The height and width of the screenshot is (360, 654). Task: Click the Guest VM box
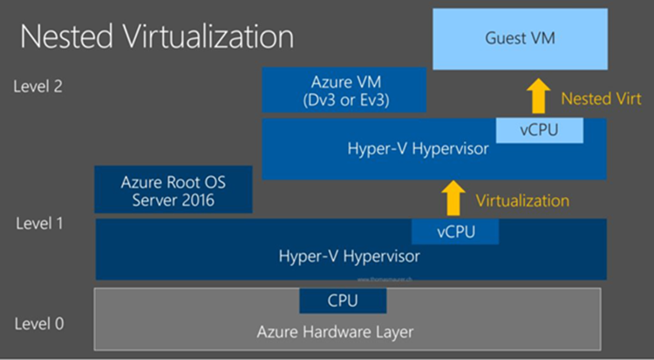pyautogui.click(x=520, y=39)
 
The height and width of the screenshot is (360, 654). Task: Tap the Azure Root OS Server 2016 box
pyautogui.click(x=173, y=190)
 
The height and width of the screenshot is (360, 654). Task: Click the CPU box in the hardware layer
pyautogui.click(x=343, y=301)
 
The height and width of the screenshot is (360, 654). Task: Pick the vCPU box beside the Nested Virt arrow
pyautogui.click(x=539, y=131)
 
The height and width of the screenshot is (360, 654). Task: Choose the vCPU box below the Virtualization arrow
pyautogui.click(x=454, y=232)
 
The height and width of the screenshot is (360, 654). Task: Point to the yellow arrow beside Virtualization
pyautogui.click(x=454, y=198)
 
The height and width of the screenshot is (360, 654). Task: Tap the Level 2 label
pyautogui.click(x=38, y=85)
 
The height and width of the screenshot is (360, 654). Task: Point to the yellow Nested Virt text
pyautogui.click(x=600, y=98)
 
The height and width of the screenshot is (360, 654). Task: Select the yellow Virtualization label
pyautogui.click(x=522, y=200)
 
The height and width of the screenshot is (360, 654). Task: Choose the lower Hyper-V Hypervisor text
pyautogui.click(x=349, y=256)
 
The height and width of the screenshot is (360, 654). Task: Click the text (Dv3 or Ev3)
pyautogui.click(x=344, y=101)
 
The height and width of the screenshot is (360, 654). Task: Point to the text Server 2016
pyautogui.click(x=173, y=200)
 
